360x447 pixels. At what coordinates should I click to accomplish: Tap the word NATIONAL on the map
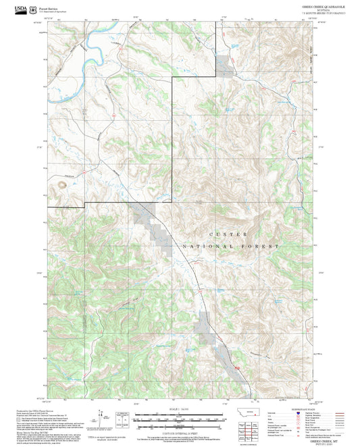[x=211, y=247]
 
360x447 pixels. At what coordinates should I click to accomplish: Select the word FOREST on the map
[x=263, y=247]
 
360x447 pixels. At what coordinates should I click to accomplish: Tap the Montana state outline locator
[x=252, y=415]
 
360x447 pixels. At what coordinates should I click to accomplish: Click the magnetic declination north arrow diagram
[x=102, y=417]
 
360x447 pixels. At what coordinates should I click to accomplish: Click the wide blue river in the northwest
[x=81, y=52]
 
